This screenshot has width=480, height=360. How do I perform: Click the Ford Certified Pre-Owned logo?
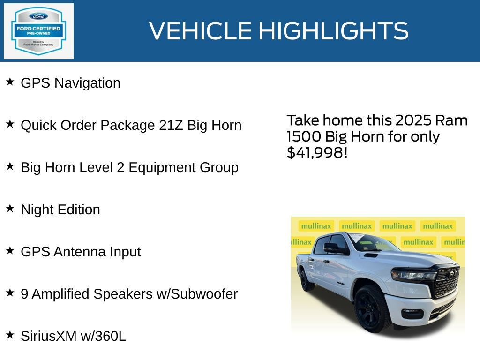point(38,31)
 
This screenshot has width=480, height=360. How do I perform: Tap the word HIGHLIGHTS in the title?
point(333,31)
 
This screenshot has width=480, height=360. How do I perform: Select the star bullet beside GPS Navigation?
point(10,82)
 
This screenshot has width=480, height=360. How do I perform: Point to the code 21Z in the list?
point(171,125)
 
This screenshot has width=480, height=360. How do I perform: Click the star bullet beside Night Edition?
point(10,209)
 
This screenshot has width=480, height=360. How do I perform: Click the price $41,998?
point(317,152)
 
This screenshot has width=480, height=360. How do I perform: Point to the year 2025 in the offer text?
point(413,120)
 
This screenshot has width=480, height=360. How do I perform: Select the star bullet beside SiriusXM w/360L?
point(10,335)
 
